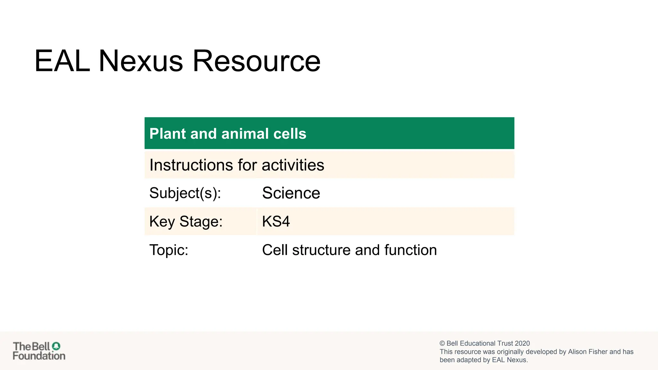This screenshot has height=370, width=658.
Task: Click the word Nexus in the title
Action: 141,61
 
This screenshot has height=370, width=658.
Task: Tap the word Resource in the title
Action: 256,61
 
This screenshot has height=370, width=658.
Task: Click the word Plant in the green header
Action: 167,134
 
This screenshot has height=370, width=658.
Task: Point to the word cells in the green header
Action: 289,134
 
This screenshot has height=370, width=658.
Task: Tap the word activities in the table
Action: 293,165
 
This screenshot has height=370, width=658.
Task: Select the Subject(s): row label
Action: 185,193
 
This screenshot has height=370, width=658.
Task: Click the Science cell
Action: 291,193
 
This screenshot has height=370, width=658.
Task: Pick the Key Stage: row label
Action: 186,222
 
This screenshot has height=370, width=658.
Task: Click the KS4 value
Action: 276,222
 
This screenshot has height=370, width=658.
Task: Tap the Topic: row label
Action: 169,250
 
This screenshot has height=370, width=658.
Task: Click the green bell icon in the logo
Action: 56,346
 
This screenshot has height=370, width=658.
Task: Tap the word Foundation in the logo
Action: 39,356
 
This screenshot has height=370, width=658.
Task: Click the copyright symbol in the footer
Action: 442,343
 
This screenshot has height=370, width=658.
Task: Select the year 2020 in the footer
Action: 522,343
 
